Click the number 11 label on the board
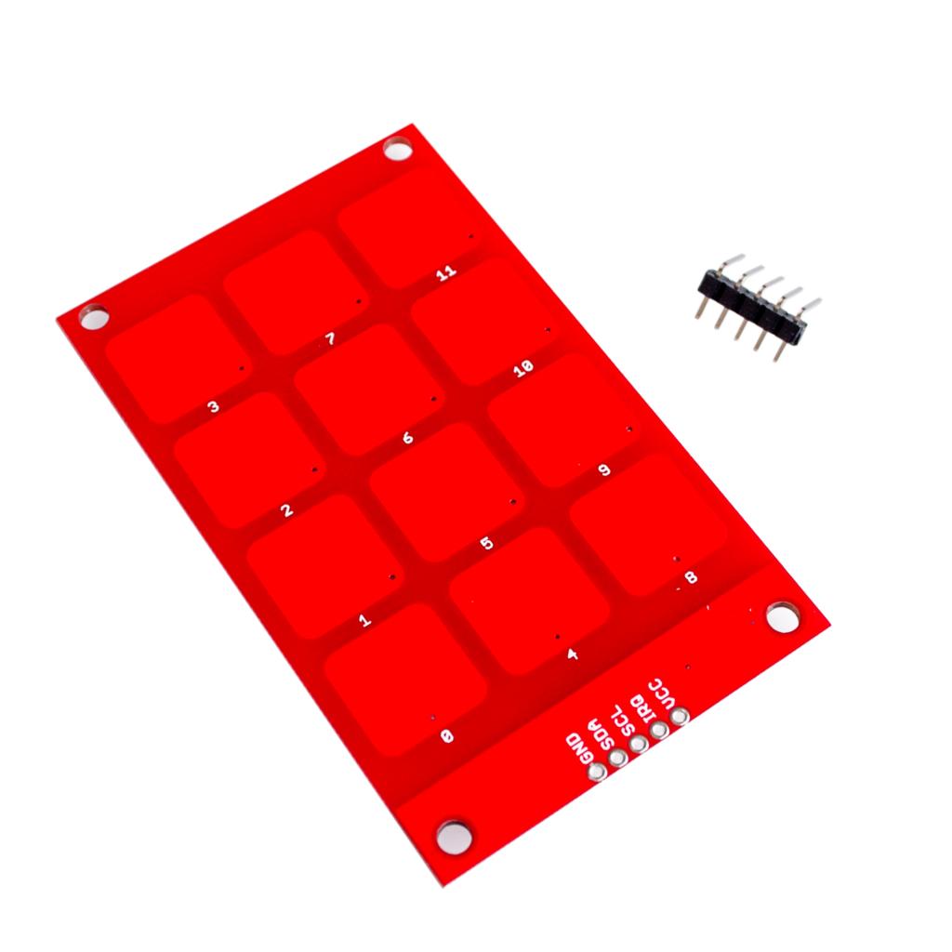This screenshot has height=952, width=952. pos(447,272)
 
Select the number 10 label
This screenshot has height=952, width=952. pos(523,370)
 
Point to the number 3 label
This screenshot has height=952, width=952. pos(214,406)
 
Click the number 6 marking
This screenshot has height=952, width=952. pos(408,437)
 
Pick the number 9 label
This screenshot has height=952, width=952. pos(604,471)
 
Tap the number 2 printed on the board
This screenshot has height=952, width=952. pos(287,509)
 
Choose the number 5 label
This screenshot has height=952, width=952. pos(486,543)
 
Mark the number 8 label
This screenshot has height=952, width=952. pos(690,578)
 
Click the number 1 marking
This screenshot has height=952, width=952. pos(364,619)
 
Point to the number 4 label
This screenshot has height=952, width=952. pos(573,654)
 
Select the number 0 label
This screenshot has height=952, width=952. pos(447,735)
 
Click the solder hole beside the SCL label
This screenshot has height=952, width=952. pos(638,744)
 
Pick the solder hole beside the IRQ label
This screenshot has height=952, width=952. pos(659,730)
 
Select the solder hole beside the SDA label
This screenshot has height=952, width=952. pos(617,758)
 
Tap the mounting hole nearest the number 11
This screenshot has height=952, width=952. pos(398,149)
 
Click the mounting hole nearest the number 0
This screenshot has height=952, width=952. pos(454,834)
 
